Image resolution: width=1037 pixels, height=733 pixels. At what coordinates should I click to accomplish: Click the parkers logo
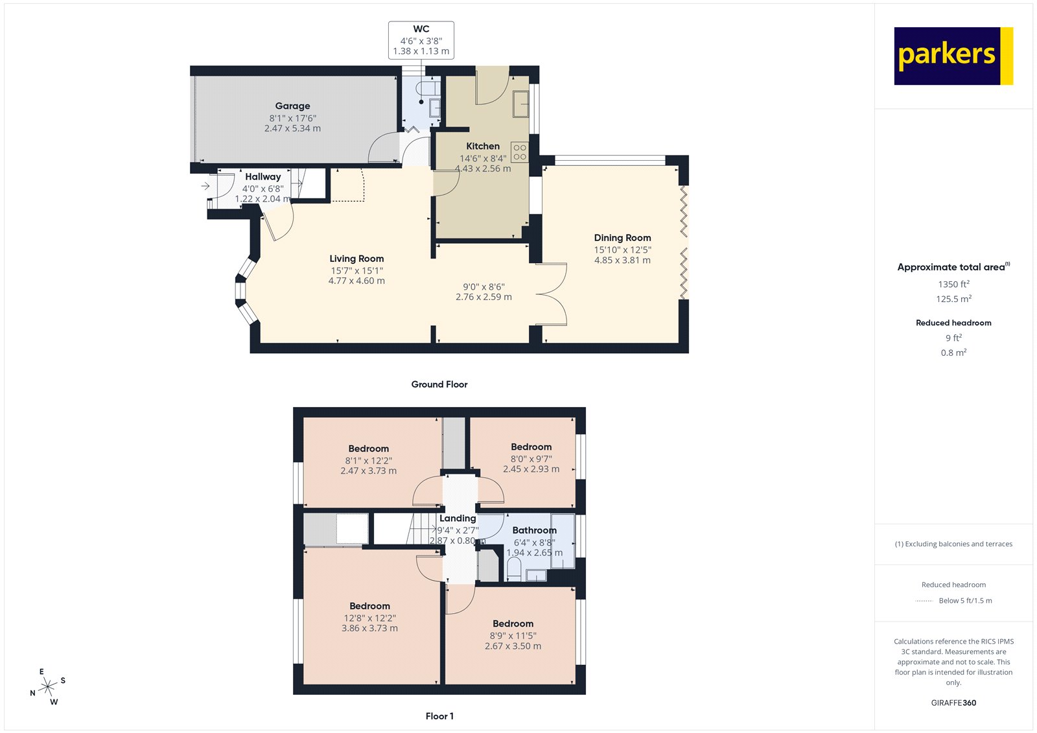coord(953,56)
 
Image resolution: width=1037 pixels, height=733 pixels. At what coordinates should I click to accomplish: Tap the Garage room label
coord(292,106)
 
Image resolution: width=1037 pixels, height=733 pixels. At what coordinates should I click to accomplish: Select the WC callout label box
coord(421,40)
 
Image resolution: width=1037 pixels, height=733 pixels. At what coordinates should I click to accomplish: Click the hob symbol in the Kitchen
coord(519,152)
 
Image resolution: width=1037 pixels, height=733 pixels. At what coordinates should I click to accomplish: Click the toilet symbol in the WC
coord(426,89)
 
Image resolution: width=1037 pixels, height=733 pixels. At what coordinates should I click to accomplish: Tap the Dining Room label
coord(622,238)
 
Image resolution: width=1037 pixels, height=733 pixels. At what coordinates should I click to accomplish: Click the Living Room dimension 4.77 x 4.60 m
coord(356,281)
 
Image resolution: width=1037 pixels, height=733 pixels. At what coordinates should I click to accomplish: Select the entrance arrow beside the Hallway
coord(205,186)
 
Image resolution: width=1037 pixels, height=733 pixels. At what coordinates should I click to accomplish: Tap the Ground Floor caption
coord(439,384)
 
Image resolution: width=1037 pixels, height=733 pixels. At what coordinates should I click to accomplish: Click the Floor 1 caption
coord(439,716)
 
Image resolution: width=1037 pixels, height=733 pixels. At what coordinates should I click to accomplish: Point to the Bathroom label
coord(534,530)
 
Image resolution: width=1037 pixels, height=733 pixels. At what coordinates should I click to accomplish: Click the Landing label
coord(458,518)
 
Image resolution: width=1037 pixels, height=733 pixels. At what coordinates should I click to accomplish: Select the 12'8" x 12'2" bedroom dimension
coord(369,618)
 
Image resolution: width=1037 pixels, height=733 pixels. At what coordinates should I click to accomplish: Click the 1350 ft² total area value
coord(953,284)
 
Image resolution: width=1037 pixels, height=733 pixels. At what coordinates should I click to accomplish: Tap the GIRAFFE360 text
coord(953,703)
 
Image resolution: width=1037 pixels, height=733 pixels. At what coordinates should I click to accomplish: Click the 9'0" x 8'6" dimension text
coord(484,286)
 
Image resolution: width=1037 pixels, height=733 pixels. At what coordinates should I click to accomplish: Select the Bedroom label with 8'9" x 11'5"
coord(513,623)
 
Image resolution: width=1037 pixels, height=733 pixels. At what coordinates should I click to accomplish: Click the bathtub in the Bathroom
coord(562,541)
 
